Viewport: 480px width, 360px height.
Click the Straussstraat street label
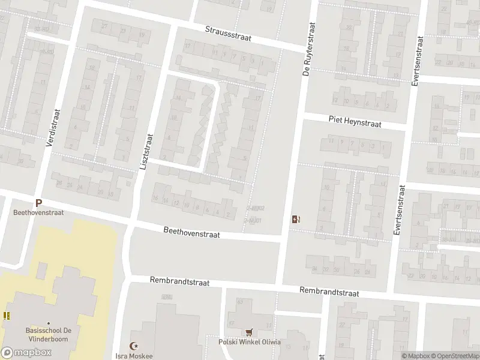tap(227, 34)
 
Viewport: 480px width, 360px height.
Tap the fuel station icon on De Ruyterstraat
tap(295, 219)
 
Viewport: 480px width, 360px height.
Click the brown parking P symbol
tap(39, 203)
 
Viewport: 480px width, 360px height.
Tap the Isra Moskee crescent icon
tap(135, 347)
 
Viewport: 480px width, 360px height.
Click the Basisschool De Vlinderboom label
tap(47, 335)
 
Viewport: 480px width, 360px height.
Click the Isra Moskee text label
tap(136, 356)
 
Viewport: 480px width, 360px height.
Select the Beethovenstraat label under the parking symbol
tap(39, 212)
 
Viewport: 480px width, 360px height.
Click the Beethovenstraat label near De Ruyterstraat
tap(192, 232)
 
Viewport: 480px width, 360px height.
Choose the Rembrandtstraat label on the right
tap(329, 292)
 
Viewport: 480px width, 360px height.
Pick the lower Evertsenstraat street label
tap(398, 210)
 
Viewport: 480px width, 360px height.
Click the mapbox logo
tap(26, 352)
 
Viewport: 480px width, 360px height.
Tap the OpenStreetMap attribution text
tap(455, 356)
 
